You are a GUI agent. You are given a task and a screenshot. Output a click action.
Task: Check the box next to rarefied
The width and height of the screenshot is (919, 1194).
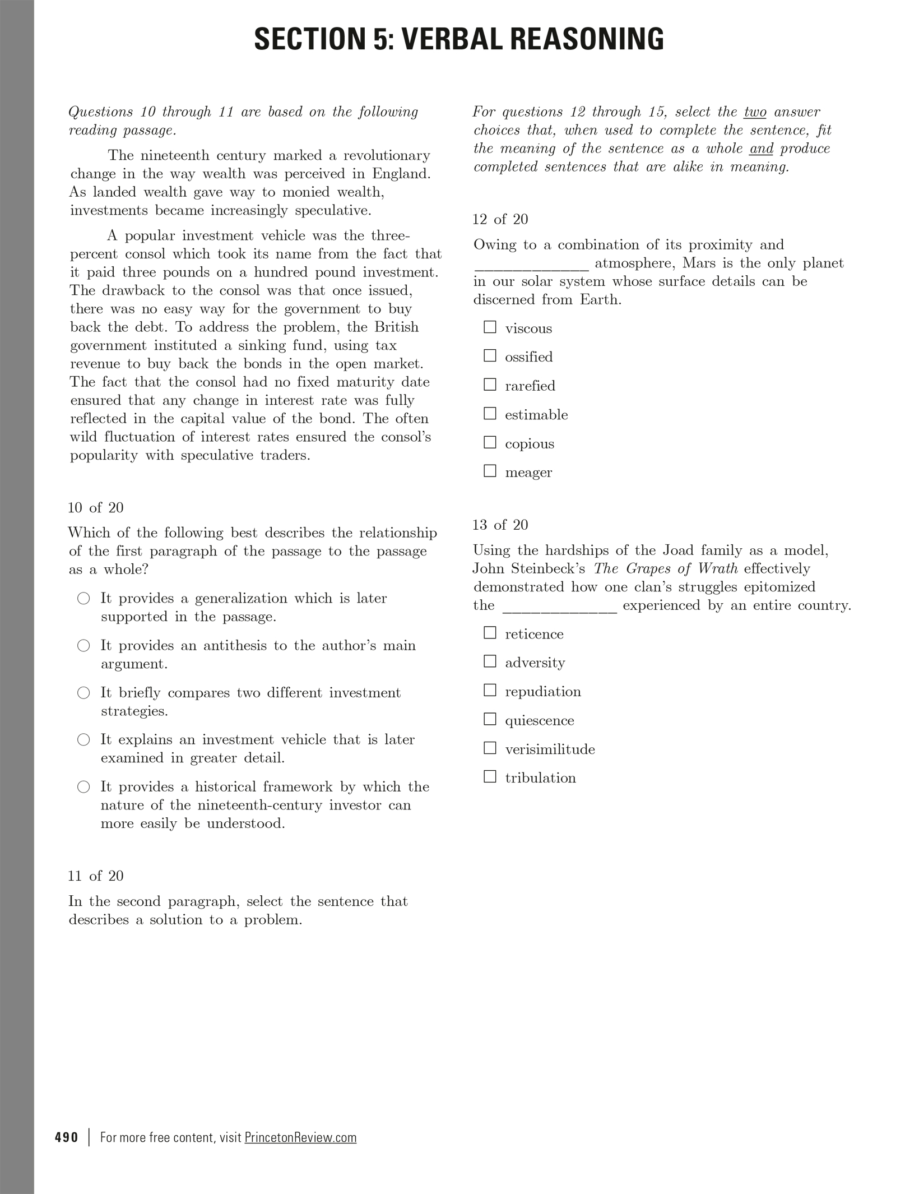(x=490, y=385)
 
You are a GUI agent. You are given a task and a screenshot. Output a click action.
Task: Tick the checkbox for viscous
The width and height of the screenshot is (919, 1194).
(x=490, y=327)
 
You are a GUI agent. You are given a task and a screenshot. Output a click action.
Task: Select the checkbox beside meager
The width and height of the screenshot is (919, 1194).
(x=490, y=471)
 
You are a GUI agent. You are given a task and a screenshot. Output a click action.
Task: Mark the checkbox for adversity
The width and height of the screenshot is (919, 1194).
(x=490, y=661)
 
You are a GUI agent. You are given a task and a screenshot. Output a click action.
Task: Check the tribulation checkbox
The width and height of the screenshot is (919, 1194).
(x=490, y=776)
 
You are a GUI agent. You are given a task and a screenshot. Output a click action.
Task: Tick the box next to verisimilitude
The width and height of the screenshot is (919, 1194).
(x=490, y=748)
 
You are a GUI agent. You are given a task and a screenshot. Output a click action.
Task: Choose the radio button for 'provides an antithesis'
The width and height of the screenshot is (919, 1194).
(x=83, y=646)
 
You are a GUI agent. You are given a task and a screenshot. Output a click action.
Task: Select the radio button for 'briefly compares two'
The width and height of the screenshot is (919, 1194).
(x=83, y=693)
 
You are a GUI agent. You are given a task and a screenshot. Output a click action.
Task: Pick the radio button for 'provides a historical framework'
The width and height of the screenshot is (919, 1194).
(x=83, y=787)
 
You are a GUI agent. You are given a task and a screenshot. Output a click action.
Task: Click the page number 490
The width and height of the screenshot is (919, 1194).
(x=67, y=1137)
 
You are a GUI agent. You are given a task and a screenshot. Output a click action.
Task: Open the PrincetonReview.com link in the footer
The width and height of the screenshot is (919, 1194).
(x=300, y=1137)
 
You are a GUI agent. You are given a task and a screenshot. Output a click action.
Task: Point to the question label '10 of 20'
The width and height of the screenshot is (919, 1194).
(x=95, y=508)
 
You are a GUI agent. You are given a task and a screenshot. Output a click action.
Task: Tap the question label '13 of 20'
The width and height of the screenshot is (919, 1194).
(x=500, y=525)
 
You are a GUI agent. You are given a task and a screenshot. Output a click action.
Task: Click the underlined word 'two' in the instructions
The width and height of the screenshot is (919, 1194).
(x=755, y=112)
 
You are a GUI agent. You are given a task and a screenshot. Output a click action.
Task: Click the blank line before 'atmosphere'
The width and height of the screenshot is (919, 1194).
(x=531, y=263)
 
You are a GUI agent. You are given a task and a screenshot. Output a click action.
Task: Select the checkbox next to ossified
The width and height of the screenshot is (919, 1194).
(x=490, y=355)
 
